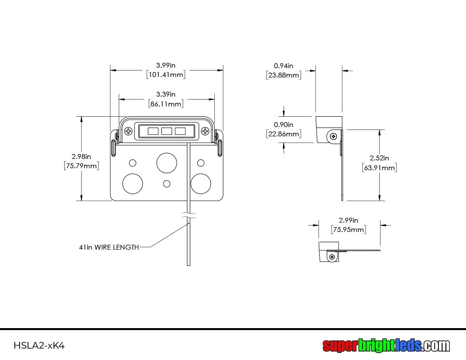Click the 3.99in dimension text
tap(166, 65)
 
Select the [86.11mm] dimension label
tap(166, 104)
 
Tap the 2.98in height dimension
tap(81, 156)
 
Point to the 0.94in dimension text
tap(284, 66)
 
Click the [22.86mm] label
tap(284, 134)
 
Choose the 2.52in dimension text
tap(379, 158)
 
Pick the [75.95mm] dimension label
tap(349, 230)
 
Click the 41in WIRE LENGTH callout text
tap(109, 247)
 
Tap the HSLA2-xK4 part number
tap(39, 345)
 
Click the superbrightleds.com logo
tap(386, 345)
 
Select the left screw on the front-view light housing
tap(129, 131)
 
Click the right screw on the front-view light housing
tap(205, 131)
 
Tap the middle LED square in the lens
tap(166, 131)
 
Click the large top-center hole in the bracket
tap(166, 162)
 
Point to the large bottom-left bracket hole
tap(132, 183)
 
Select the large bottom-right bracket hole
tap(201, 183)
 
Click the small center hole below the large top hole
tap(167, 183)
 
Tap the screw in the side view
tap(334, 136)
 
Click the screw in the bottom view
tap(333, 257)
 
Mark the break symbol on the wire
tap(189, 215)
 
